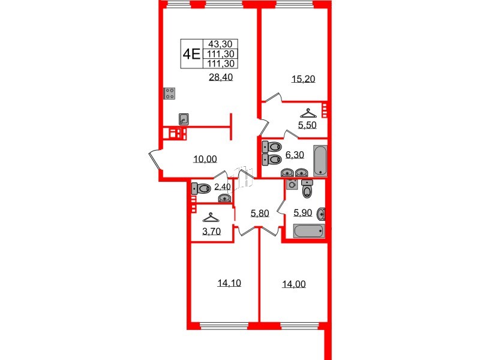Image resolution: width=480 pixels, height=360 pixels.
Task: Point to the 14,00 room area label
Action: click(x=293, y=284)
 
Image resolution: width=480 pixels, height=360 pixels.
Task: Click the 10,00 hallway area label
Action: click(x=205, y=159)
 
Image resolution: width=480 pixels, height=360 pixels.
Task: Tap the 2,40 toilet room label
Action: click(x=222, y=187)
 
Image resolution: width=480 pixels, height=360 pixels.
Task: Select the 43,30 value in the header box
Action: click(x=221, y=44)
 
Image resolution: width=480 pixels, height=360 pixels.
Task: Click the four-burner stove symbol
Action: click(x=170, y=94)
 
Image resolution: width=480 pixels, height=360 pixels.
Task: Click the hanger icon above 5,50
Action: click(x=307, y=112)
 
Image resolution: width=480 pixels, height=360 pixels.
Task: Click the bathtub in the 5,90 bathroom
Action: click(x=308, y=231)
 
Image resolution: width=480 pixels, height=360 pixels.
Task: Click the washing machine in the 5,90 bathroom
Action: click(x=292, y=184)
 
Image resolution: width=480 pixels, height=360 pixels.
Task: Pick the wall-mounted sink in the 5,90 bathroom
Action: click(x=322, y=213)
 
